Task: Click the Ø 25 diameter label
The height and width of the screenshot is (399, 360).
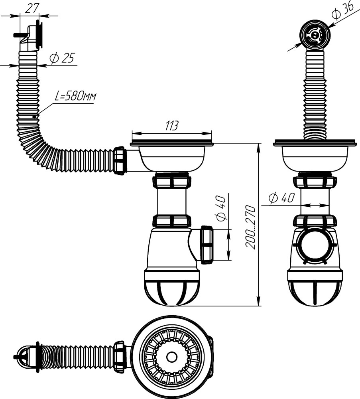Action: [x=62, y=58]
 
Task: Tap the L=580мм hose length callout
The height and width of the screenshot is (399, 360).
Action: [x=75, y=96]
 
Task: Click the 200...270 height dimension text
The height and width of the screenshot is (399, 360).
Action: [x=250, y=227]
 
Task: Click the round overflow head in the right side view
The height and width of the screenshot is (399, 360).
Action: [x=315, y=36]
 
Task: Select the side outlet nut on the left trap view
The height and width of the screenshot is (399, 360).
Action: [x=207, y=245]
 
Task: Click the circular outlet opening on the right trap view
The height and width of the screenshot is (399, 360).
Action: [x=315, y=246]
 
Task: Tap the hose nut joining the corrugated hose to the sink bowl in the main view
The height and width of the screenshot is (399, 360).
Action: [x=119, y=160]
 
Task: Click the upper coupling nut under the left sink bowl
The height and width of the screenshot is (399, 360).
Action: [x=171, y=181]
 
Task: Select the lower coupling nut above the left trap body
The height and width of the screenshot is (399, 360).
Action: [x=171, y=221]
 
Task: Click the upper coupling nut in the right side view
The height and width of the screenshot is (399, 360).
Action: [x=315, y=182]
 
